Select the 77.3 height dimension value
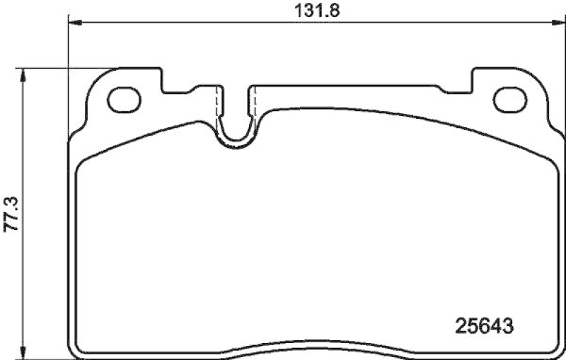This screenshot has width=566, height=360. point(11,211)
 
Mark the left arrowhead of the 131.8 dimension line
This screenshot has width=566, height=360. point(72,23)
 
